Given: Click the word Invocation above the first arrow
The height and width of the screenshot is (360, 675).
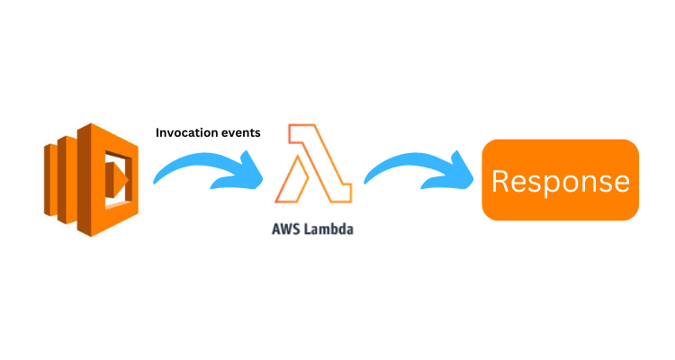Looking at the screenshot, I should pyautogui.click(x=184, y=132).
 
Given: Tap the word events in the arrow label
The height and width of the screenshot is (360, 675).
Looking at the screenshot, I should pyautogui.click(x=238, y=132).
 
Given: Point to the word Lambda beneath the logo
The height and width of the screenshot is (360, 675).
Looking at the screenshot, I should pyautogui.click(x=328, y=229).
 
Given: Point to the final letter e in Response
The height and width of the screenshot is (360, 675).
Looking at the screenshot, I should pyautogui.click(x=619, y=183).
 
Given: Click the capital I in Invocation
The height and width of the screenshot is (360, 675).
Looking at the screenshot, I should pyautogui.click(x=158, y=132).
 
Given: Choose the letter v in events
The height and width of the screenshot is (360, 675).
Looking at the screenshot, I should pyautogui.click(x=229, y=132).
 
